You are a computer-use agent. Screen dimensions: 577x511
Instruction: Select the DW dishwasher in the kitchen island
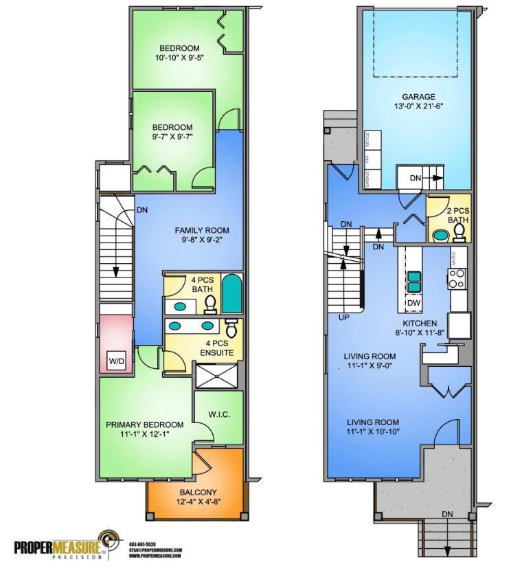point(415,302)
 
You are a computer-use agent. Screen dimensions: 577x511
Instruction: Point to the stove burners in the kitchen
point(457,278)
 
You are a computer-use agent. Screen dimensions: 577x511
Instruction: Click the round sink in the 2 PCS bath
point(440,236)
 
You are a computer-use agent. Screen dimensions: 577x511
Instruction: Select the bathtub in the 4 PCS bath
point(231,294)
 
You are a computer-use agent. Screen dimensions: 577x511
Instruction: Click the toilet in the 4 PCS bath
point(211,303)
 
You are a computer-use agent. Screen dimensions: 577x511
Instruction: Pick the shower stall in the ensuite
point(216,376)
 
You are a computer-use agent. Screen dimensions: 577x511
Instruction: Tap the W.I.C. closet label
point(218,414)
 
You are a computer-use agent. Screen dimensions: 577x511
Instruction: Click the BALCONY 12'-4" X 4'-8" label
point(199,497)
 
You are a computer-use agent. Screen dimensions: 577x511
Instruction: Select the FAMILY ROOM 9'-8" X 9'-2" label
point(201,235)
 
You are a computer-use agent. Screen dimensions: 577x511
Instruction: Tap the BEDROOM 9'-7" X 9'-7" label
point(172,131)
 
